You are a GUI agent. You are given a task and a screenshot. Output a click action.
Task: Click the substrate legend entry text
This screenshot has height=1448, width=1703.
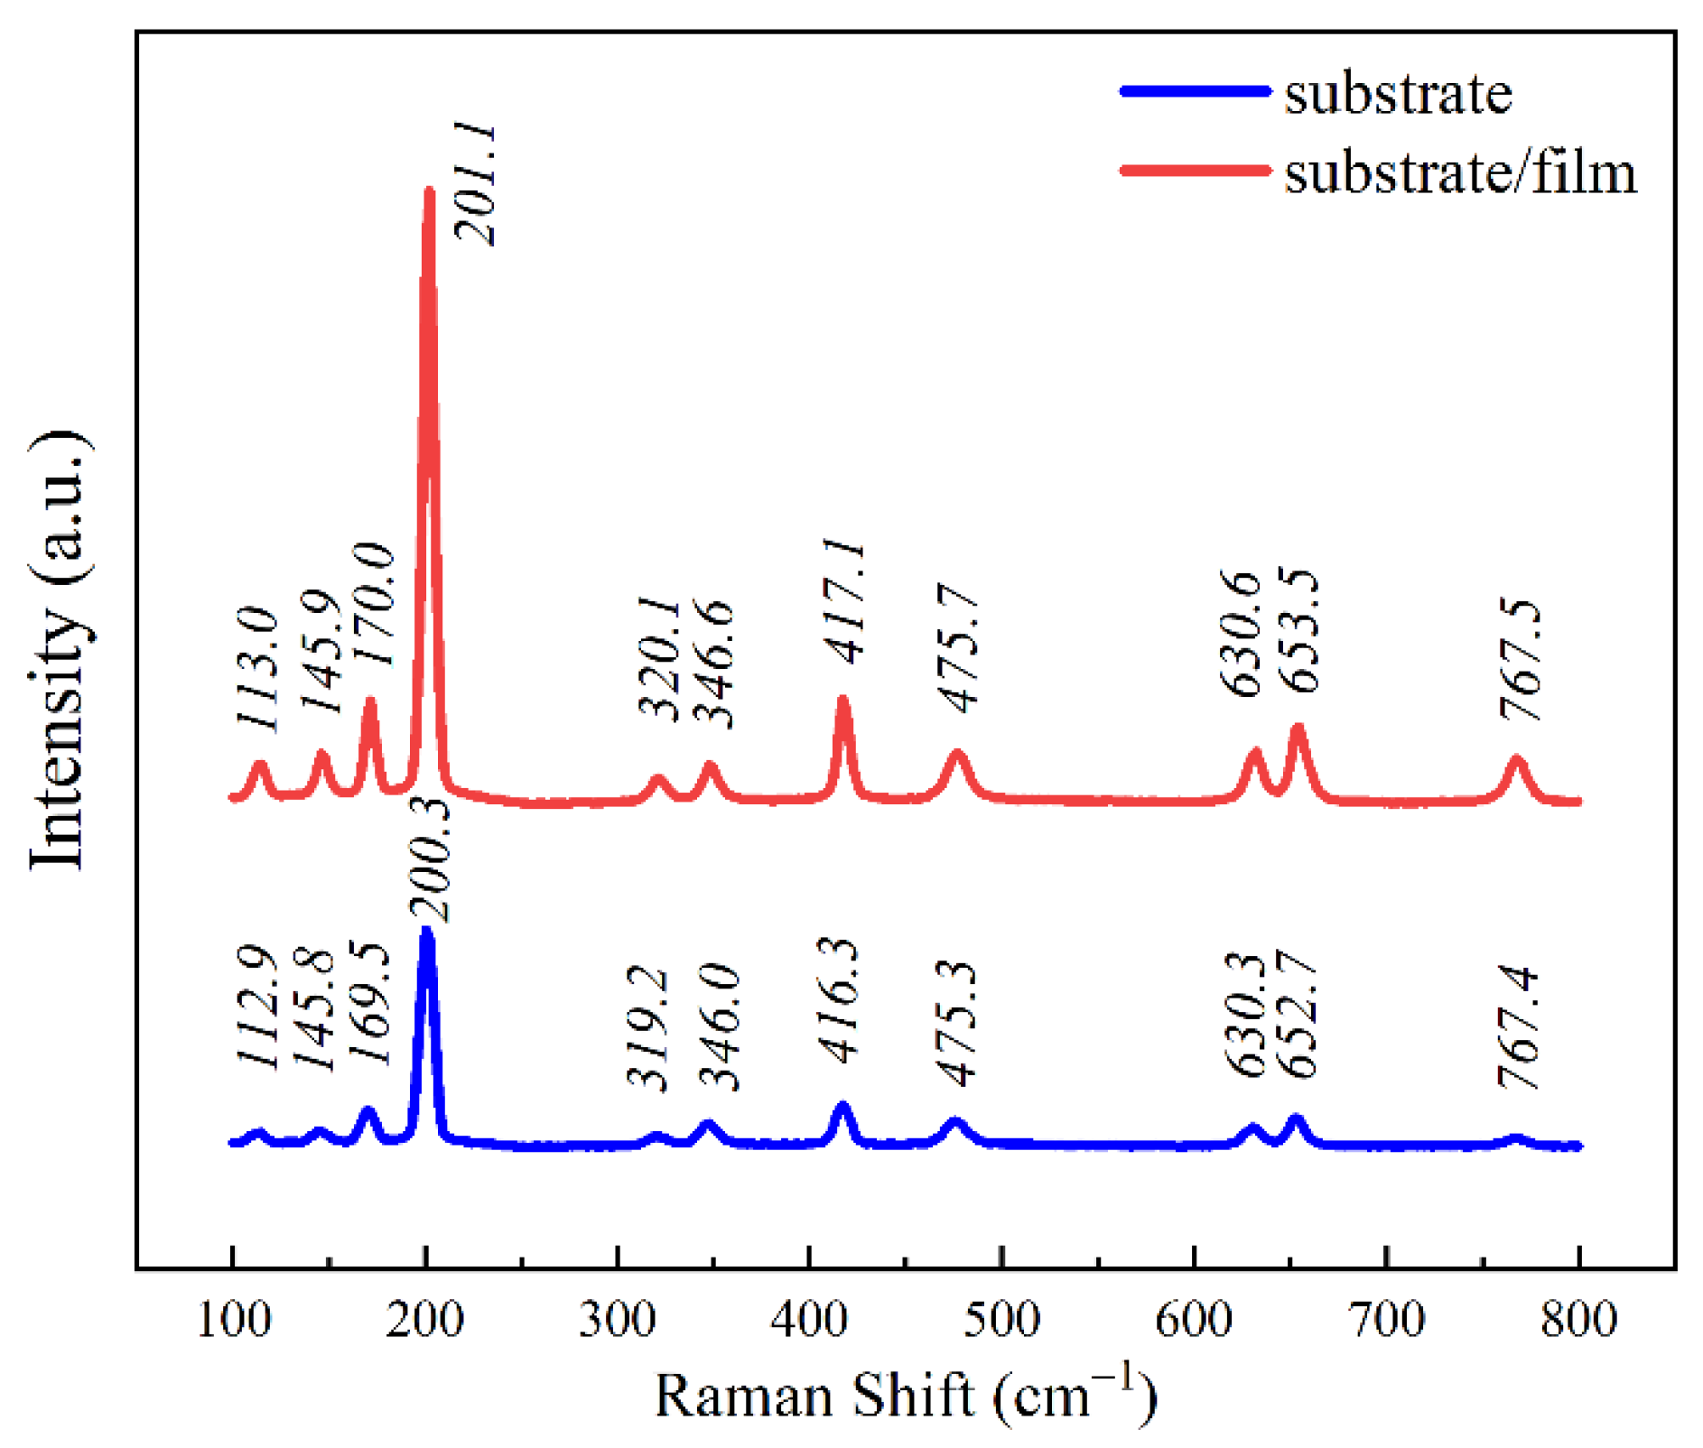point(1397,93)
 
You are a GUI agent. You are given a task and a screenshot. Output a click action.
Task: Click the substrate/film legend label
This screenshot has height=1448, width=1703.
point(1459,172)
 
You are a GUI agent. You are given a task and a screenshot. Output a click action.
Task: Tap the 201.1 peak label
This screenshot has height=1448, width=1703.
point(476,185)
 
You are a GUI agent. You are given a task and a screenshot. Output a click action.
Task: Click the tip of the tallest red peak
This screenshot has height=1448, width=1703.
point(429,190)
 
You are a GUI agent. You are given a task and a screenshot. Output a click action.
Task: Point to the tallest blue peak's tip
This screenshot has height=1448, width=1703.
point(427,931)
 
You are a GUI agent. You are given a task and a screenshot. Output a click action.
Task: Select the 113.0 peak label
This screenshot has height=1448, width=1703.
point(256,668)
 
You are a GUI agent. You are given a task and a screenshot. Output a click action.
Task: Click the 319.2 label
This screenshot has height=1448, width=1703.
point(647,1028)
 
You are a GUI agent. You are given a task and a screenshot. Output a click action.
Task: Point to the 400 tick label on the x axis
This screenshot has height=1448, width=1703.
point(809,1320)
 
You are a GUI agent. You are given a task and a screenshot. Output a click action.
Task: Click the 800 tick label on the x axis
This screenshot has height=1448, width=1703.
point(1577,1320)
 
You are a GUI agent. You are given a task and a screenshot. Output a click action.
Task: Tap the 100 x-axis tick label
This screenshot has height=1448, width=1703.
point(233,1320)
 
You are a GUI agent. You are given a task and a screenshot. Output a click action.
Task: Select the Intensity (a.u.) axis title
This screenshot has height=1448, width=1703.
point(59,650)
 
